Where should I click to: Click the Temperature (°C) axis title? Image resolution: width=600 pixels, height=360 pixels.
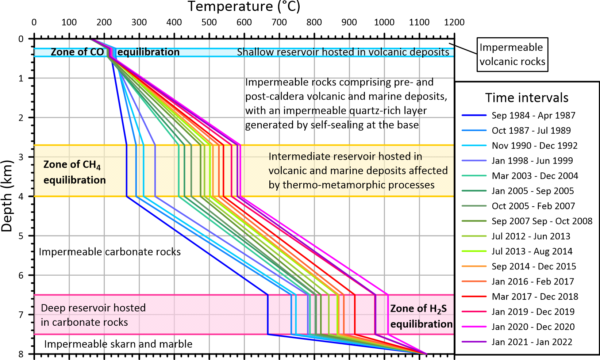coord(244,7)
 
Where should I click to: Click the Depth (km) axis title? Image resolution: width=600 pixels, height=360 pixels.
coord(7,196)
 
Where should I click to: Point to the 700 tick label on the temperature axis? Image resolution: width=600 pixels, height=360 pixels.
coord(279,22)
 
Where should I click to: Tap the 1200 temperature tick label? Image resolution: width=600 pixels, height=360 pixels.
coord(454,22)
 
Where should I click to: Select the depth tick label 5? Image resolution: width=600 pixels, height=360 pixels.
coord(21,236)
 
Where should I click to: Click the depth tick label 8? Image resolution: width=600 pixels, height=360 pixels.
coord(21,354)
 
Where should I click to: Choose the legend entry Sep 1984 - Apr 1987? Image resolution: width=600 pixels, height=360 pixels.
coord(533,115)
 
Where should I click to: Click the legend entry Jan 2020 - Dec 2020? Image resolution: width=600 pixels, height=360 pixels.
coord(533,327)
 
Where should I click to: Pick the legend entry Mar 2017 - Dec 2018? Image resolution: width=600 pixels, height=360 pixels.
coord(535,296)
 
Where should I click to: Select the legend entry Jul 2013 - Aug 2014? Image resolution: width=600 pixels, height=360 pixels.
coord(532,251)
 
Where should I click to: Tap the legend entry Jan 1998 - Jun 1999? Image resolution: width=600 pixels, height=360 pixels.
coord(532,161)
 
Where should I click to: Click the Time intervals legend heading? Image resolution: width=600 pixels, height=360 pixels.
coord(527,98)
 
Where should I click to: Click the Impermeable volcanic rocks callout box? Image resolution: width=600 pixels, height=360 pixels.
coord(512,54)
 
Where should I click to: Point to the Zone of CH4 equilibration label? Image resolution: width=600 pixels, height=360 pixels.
coord(74,172)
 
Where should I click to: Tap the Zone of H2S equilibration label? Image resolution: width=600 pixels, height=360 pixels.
coord(421,316)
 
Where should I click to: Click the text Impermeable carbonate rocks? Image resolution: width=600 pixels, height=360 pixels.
coord(109,252)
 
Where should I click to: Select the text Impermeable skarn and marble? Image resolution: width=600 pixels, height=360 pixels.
coord(118,344)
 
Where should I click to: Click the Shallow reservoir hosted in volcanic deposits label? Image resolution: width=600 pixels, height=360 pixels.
coord(343,52)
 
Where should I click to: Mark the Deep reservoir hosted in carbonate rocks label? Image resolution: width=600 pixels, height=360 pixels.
coord(93,315)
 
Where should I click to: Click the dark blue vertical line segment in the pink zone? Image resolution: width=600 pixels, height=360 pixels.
coord(268,314)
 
